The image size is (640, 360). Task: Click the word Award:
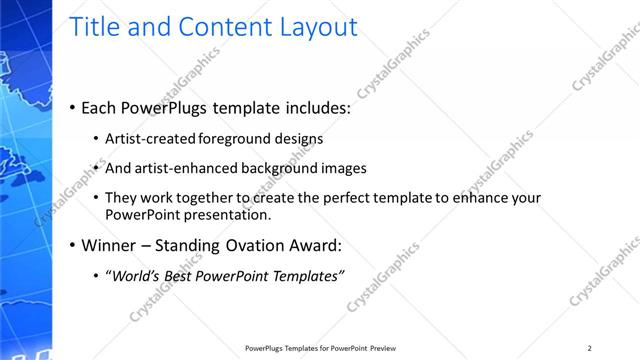pos(316,245)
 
